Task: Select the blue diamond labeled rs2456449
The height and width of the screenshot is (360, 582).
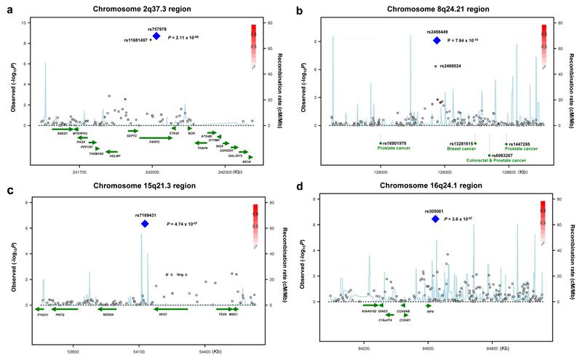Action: tap(437, 41)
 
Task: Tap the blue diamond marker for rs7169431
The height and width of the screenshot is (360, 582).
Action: tap(145, 224)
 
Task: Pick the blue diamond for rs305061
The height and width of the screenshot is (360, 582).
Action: tap(435, 218)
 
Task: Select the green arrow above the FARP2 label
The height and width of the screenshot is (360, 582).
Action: tap(155, 137)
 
